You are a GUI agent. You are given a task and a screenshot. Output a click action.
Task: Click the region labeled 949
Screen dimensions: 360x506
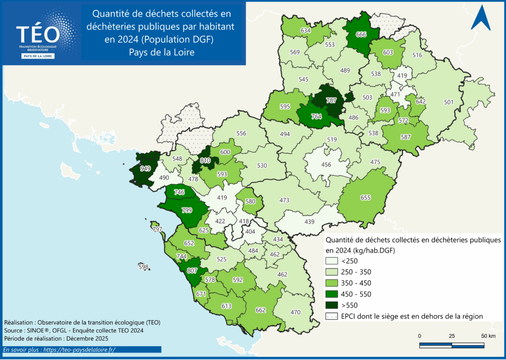coord(145,169)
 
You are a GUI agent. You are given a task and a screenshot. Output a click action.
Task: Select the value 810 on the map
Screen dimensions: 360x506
coord(206,160)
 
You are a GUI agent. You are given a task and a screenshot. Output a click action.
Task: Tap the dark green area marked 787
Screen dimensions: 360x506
coord(331,100)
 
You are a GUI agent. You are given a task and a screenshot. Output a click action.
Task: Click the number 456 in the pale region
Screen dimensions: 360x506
coord(327,165)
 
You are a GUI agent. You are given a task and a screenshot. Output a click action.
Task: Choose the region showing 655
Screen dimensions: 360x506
coord(366,198)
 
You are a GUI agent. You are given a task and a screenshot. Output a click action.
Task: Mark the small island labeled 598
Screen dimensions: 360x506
coord(144,267)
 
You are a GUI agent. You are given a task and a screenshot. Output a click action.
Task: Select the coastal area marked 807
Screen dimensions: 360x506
coord(192,270)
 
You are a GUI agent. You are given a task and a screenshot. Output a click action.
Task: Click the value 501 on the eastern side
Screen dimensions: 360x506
coord(449,102)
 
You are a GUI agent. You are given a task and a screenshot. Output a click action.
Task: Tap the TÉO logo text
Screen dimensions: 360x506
coord(38,34)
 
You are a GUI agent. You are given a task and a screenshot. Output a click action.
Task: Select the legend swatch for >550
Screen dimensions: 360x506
coord(332,305)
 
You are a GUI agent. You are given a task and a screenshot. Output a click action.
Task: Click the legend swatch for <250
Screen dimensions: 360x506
coord(332,261)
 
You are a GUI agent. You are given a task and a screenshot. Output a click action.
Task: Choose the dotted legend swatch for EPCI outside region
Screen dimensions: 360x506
coord(332,315)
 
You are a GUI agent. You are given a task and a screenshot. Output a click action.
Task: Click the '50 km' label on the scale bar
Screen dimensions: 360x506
coord(488,336)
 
